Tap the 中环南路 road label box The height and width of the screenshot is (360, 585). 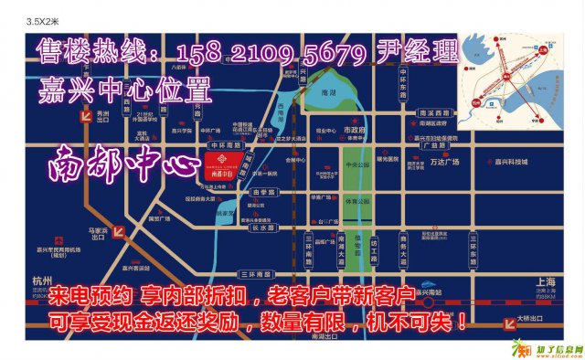(x=224, y=144)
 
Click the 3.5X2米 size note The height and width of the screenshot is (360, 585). (x=43, y=19)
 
